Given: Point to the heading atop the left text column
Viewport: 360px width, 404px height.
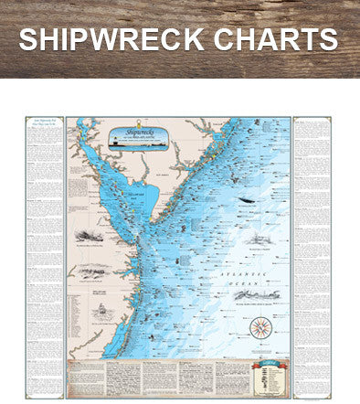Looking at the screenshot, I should click(x=45, y=124).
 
